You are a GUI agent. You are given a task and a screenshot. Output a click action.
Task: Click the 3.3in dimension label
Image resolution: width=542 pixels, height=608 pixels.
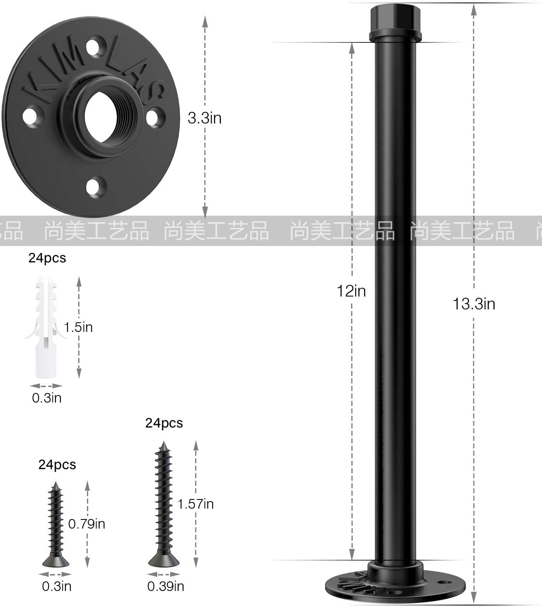tap(205, 118)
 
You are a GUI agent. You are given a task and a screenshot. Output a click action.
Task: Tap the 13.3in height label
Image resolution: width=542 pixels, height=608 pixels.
tap(473, 304)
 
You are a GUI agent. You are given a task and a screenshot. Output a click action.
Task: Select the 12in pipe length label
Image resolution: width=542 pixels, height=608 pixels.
tap(351, 291)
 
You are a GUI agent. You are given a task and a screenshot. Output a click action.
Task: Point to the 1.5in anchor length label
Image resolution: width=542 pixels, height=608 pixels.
tap(78, 327)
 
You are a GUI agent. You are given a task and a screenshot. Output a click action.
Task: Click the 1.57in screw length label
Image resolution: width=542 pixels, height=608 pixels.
tap(196, 504)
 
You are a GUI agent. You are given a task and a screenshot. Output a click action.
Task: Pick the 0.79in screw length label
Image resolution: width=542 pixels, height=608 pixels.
tap(87, 524)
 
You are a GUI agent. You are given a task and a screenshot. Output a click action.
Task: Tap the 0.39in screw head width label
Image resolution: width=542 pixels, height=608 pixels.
tap(166, 586)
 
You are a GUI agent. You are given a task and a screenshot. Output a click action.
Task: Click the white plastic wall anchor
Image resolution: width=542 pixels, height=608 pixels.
tap(46, 327)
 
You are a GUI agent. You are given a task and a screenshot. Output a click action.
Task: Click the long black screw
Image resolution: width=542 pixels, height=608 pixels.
tap(163, 504)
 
